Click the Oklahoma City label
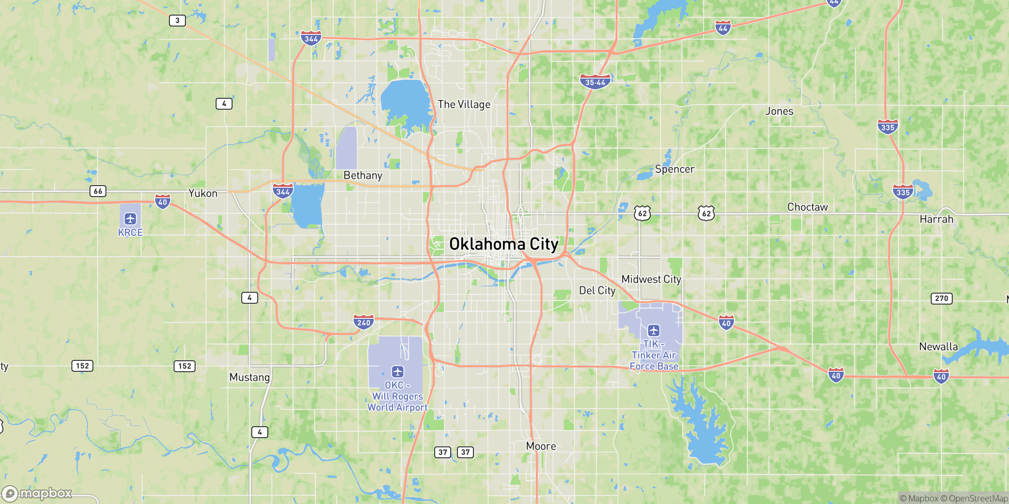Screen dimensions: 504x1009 (x=504, y=244)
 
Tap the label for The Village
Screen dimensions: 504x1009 (x=464, y=104)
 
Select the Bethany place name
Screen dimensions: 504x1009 (x=363, y=175)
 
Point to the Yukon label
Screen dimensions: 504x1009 (x=203, y=193)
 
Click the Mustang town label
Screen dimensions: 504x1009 (x=250, y=377)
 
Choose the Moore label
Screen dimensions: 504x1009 (x=541, y=446)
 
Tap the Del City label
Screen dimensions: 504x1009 (x=597, y=290)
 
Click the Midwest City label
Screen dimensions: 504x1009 (x=651, y=279)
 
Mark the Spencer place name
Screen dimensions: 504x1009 (x=675, y=169)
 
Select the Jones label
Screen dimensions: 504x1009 (x=779, y=111)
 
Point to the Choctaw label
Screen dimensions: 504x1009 (x=808, y=207)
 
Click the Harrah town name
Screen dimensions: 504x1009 (x=937, y=219)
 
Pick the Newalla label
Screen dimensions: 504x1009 (x=938, y=346)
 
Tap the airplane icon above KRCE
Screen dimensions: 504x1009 (x=130, y=219)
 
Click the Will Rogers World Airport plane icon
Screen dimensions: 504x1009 (x=398, y=372)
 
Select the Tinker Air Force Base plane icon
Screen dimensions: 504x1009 (x=653, y=331)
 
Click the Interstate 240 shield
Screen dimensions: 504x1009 (x=364, y=322)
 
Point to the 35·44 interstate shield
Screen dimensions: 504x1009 (x=595, y=82)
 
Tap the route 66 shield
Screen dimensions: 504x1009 (x=98, y=191)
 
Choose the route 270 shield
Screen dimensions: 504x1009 (x=941, y=298)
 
